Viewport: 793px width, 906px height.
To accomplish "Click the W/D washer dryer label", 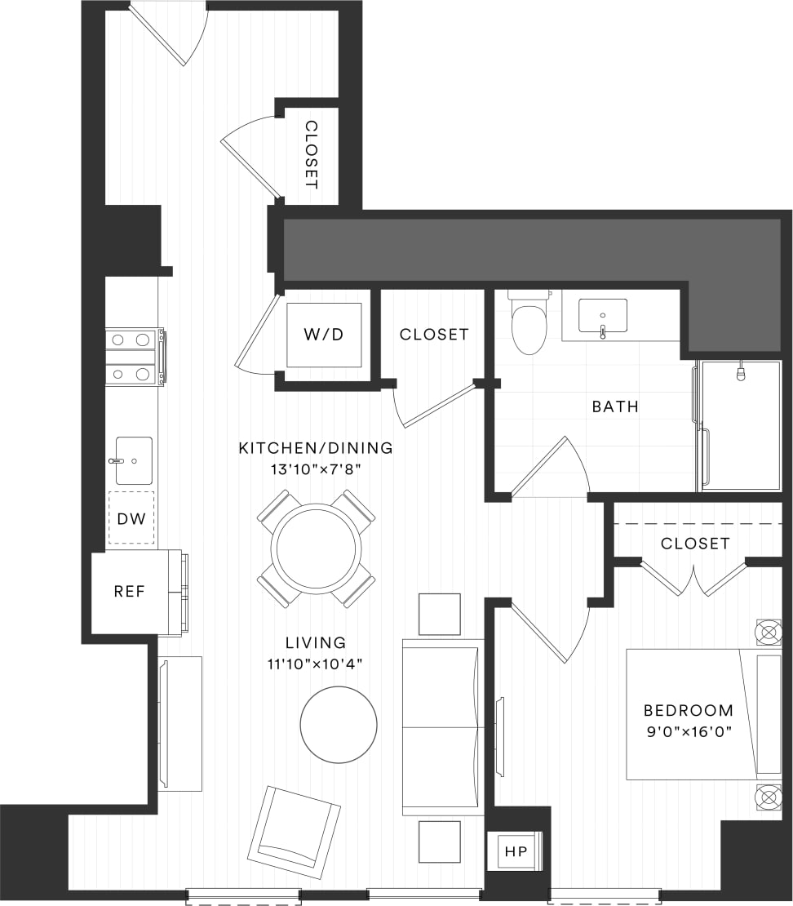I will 323,335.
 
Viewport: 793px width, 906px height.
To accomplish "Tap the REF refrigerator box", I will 129,592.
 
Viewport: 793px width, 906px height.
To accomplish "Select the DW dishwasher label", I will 131,517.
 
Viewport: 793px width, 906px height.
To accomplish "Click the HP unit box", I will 516,851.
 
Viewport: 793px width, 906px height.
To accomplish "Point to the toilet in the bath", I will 529,324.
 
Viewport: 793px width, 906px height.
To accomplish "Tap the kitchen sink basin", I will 133,460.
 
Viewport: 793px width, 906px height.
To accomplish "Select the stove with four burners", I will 132,357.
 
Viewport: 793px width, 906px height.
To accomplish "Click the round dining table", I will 316,548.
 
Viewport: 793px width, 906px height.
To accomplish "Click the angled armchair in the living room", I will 294,831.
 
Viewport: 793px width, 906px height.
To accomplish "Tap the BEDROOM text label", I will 688,710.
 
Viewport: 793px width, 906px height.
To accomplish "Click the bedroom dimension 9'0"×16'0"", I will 688,731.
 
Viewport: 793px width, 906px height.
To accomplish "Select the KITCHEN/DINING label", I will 316,448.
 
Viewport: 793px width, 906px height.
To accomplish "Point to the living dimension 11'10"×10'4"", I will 316,663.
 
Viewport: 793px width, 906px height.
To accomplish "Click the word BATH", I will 615,406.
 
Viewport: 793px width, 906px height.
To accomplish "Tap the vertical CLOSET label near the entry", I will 311,154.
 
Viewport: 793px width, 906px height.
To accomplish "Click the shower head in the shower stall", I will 741,373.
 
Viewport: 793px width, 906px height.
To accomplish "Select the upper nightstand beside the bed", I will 769,632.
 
